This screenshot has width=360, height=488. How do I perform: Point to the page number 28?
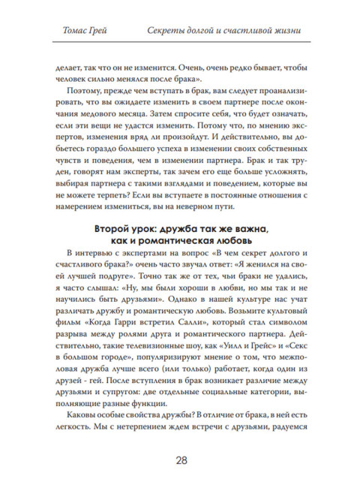[x=180, y=460]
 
